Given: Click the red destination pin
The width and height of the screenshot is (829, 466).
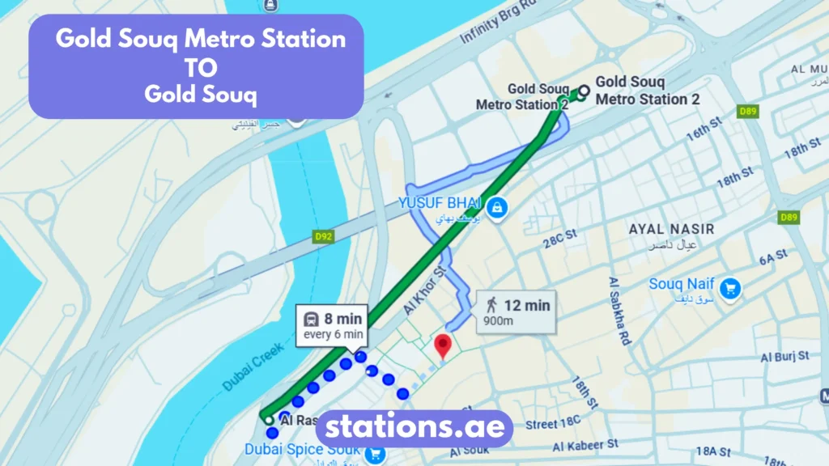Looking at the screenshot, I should pos(442,345).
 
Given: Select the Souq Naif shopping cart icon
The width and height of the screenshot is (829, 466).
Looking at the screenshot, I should pos(732,287).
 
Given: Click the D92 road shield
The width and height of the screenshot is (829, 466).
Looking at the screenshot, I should pos(324,237).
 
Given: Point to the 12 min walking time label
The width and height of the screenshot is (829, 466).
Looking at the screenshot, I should pos(526,305).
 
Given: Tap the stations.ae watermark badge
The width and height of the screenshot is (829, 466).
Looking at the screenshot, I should pos(414,427).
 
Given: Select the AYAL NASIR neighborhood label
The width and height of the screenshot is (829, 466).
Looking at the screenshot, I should pos(663,229).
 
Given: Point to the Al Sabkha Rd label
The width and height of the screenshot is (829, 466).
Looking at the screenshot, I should pos(619,311).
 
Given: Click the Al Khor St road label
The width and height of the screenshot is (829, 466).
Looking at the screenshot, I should pos(424,287).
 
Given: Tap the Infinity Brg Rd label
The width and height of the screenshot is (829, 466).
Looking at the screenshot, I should pos(499,23).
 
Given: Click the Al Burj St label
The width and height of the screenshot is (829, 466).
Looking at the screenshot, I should pos(784,356).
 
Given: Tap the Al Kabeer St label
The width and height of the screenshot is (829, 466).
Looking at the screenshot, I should pos(585,444).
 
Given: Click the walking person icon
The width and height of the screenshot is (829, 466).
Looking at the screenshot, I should pos(491,305).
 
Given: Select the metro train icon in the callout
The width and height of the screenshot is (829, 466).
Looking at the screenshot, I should pos(310,318).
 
